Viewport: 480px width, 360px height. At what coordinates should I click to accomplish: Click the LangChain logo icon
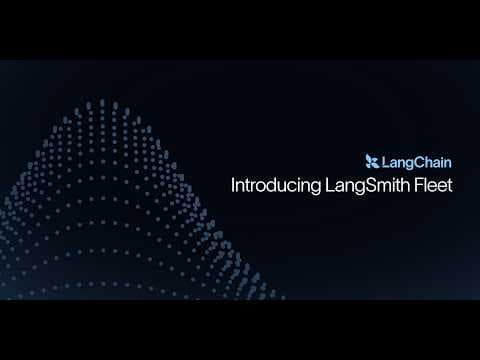372,161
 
